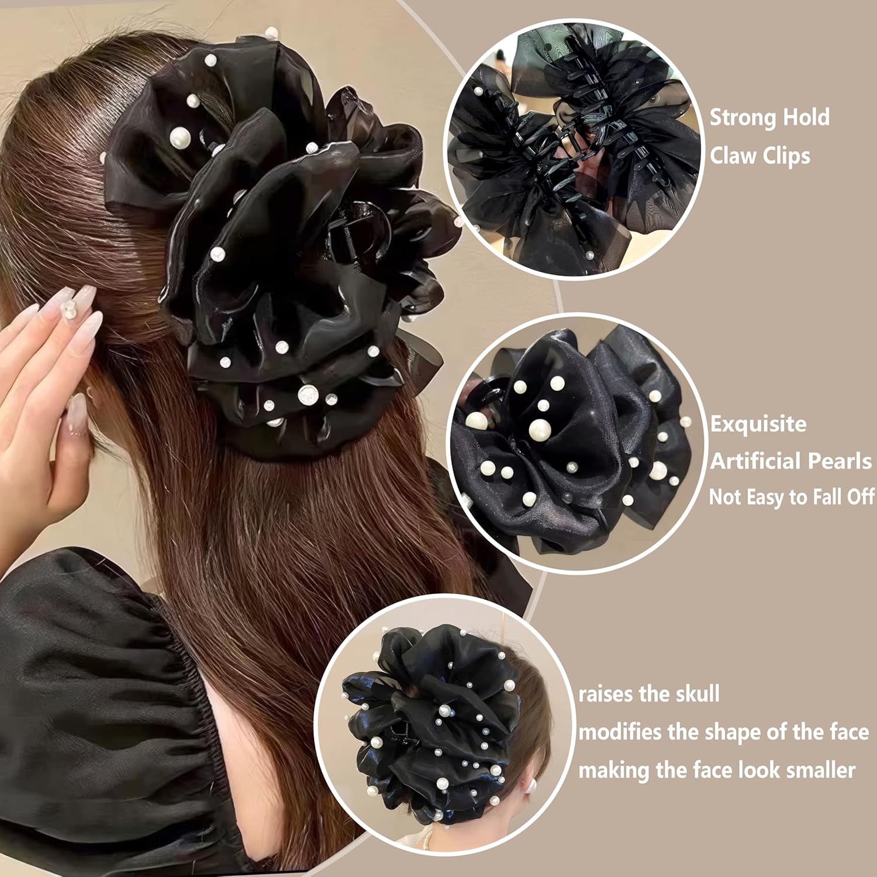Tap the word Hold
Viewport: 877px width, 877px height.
coord(806,118)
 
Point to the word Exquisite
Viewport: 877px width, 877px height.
coord(758,424)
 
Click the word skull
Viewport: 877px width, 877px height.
coord(694,694)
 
